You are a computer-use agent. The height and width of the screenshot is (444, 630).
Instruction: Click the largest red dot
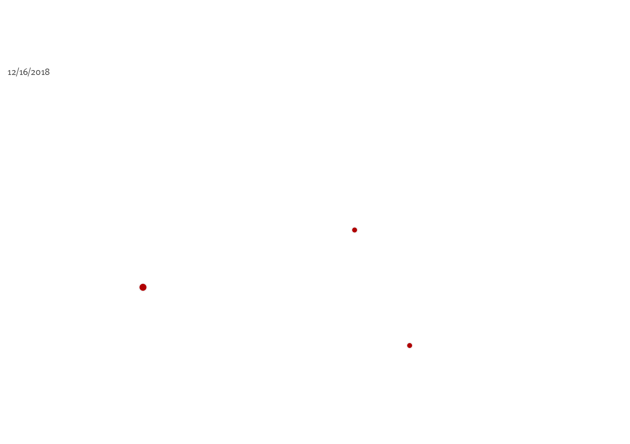[143, 287]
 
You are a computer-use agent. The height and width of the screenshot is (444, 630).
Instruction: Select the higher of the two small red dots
[355, 230]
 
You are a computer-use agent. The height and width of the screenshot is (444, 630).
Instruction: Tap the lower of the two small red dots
[410, 345]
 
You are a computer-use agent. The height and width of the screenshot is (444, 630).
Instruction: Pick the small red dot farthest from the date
[410, 345]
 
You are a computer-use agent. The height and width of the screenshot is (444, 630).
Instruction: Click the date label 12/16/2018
[28, 72]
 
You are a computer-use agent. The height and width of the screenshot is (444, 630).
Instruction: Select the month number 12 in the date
[12, 72]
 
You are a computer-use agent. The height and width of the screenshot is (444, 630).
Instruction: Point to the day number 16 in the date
[24, 72]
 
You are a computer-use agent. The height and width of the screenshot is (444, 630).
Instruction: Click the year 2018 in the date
[40, 72]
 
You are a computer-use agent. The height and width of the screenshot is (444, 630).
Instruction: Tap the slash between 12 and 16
[18, 72]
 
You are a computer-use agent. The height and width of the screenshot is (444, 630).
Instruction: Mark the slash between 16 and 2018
[29, 72]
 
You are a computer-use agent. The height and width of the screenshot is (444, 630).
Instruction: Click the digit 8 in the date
[47, 72]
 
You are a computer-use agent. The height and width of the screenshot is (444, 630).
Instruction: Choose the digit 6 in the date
[25, 72]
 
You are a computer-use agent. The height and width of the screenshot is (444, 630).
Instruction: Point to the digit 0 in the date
[38, 73]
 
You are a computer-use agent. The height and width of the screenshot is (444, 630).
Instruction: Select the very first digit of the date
[10, 73]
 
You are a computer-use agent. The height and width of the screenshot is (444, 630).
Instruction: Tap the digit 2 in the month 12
[14, 72]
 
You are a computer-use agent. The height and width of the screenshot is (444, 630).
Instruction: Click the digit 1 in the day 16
[21, 73]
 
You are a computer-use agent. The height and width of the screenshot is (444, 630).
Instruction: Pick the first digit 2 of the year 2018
[33, 72]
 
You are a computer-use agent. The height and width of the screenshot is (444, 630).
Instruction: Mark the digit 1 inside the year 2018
[42, 73]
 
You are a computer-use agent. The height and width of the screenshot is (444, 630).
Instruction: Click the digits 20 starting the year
[36, 72]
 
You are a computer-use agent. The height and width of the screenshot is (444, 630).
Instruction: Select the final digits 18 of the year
[45, 72]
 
